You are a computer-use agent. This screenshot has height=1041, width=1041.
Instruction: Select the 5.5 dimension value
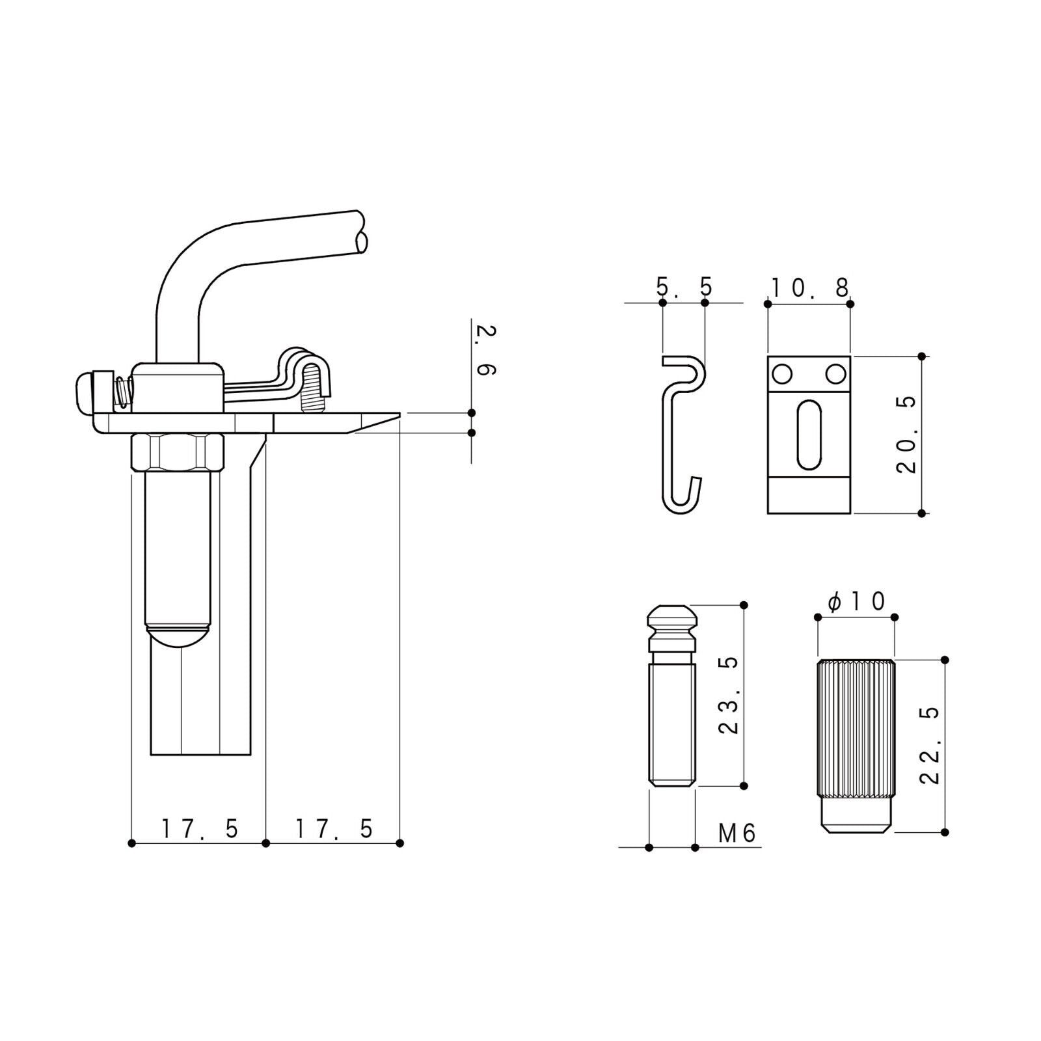tap(684, 286)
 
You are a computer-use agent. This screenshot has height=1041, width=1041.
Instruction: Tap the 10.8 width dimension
tap(810, 287)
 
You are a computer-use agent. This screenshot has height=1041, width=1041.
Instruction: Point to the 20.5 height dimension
tap(905, 433)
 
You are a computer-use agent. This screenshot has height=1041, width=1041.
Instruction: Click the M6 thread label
tap(738, 833)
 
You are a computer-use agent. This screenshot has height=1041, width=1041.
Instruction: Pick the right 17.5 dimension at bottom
tap(334, 829)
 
